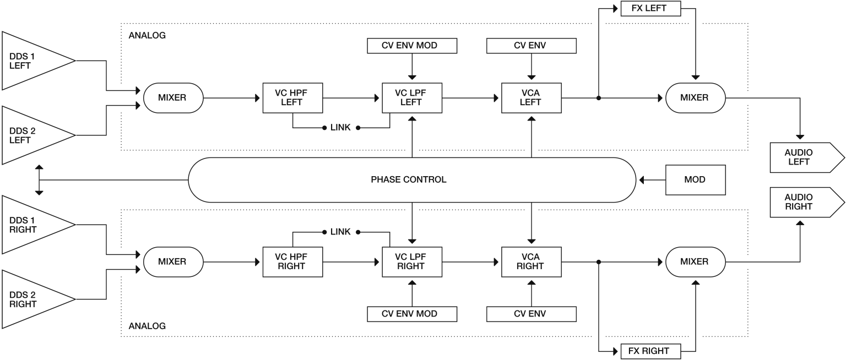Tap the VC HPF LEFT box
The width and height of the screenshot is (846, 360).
pos(292,98)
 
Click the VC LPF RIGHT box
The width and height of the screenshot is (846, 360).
pos(412,262)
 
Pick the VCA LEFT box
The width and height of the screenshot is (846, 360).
pos(532,98)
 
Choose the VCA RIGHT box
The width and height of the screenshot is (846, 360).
pos(532,262)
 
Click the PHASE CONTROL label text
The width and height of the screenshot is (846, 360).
pos(409,179)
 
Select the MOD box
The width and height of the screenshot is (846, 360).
pos(695,180)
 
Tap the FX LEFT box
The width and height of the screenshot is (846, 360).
pos(650,8)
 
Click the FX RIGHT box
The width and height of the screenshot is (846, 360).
pos(650,351)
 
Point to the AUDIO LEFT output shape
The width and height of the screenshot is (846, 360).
pos(807,157)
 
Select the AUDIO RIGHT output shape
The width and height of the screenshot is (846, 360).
pos(807,202)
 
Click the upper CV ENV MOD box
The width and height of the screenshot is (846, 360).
pos(412,46)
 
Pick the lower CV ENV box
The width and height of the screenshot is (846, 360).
pos(532,314)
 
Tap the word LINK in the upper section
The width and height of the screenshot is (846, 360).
pos(340,128)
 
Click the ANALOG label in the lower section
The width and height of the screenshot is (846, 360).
pos(147,326)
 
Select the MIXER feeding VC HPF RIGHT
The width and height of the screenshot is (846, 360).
pos(173,262)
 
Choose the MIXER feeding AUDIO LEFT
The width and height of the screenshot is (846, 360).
pos(695,98)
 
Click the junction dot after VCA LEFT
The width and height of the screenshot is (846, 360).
pos(599,98)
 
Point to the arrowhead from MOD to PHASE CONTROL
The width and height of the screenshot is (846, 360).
pos(641,180)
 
